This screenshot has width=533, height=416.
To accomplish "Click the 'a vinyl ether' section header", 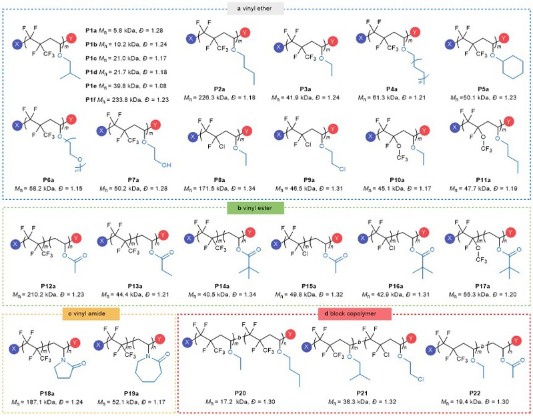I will click(266, 9).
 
